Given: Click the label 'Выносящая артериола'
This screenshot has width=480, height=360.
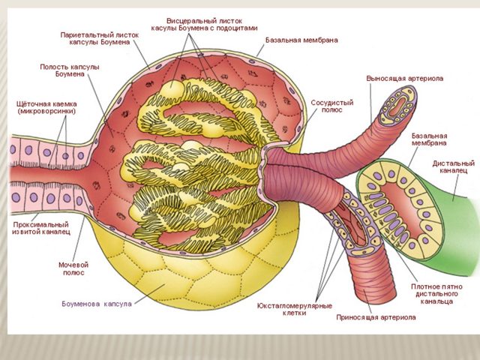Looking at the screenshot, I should tap(404, 78).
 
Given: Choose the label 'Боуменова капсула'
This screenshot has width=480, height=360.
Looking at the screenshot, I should tap(97, 304).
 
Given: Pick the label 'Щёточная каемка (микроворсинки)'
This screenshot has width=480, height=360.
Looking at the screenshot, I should tap(46, 107).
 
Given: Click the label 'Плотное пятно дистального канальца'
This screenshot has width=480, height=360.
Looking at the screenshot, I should tap(437, 295).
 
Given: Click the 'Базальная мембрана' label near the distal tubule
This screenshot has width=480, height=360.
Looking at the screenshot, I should tap(430, 139).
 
